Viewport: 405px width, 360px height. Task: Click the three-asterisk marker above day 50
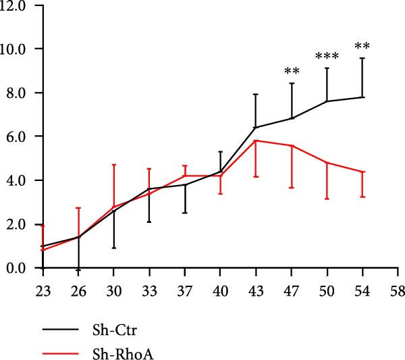point(327,57)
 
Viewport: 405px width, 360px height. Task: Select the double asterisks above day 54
point(362,47)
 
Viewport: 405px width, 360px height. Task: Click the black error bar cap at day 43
point(256,94)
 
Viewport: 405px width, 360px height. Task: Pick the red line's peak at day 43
point(256,140)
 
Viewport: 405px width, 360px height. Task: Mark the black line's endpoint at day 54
point(362,97)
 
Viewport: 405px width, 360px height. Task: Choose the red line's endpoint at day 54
point(362,172)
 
